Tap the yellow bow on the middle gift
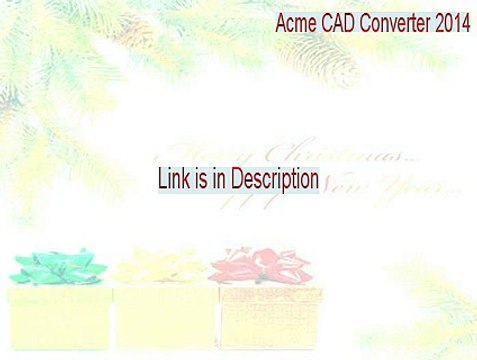tap(160, 266)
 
